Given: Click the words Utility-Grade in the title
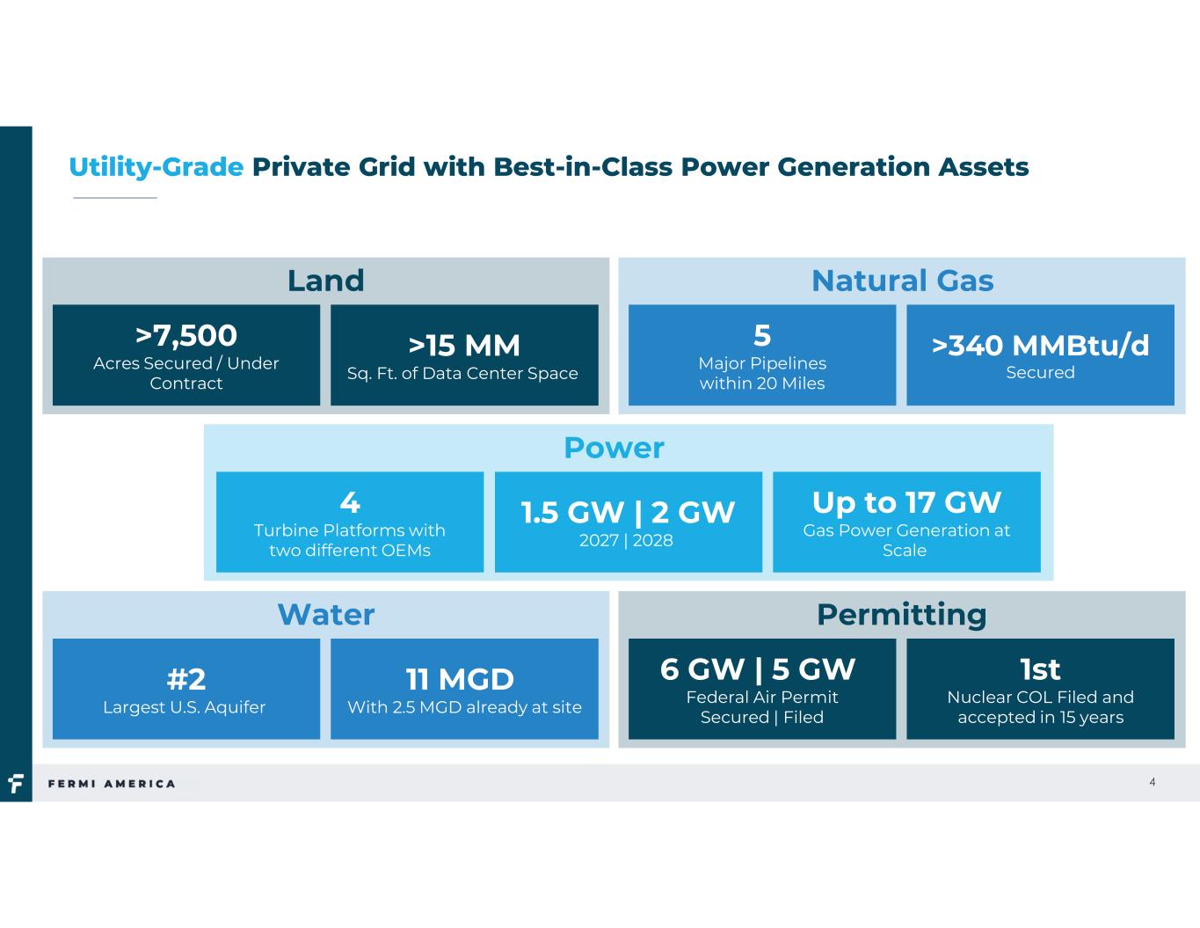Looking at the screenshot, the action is (x=156, y=167).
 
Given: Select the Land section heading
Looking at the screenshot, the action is (x=326, y=281).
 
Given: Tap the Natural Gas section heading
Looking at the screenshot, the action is (x=902, y=281).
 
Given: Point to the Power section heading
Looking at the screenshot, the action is (x=614, y=448).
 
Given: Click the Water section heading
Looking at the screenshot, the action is (x=326, y=615).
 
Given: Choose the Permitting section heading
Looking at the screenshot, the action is (x=901, y=616).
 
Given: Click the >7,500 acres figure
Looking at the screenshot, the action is (x=186, y=335).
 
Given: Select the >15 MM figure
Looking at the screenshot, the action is (x=464, y=346).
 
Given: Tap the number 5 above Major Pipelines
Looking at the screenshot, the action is (x=762, y=335).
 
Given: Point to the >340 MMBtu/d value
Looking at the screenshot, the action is (x=1040, y=346).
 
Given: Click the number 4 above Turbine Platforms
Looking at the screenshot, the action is (x=350, y=502).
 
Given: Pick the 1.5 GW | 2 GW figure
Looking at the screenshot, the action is (x=628, y=513).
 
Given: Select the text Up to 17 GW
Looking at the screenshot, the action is (x=906, y=502).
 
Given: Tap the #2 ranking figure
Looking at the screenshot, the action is (x=186, y=679).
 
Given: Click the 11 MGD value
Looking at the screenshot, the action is (x=460, y=679).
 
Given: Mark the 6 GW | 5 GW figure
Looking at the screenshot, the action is (x=758, y=669).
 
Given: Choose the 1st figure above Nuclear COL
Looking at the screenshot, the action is (x=1040, y=669).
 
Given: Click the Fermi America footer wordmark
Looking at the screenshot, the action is (x=112, y=784).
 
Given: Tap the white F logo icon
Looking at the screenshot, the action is (x=16, y=783).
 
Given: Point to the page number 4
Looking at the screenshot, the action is (x=1152, y=782).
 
